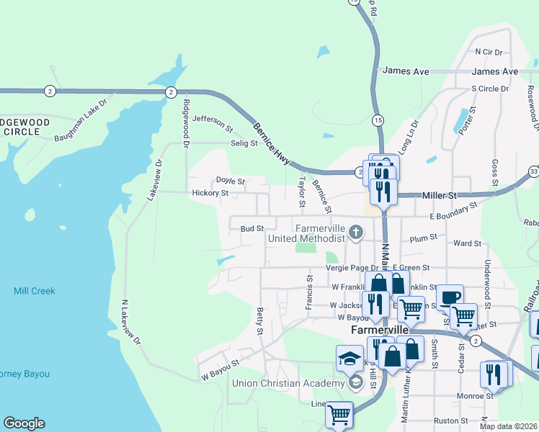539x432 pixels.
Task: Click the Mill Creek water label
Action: point(34,291)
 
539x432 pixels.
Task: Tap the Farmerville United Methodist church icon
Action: point(355,232)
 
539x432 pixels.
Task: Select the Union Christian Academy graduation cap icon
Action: point(349,357)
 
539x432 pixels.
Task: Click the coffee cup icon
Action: point(450,296)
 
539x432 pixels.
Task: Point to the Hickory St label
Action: point(210,193)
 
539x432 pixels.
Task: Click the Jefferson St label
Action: point(213,124)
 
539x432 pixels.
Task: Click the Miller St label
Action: point(440,195)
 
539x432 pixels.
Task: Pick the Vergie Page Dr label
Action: point(353,267)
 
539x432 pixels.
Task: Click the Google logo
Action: point(24,423)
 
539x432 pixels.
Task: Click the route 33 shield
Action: point(533,171)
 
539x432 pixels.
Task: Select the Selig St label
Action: point(244,143)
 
